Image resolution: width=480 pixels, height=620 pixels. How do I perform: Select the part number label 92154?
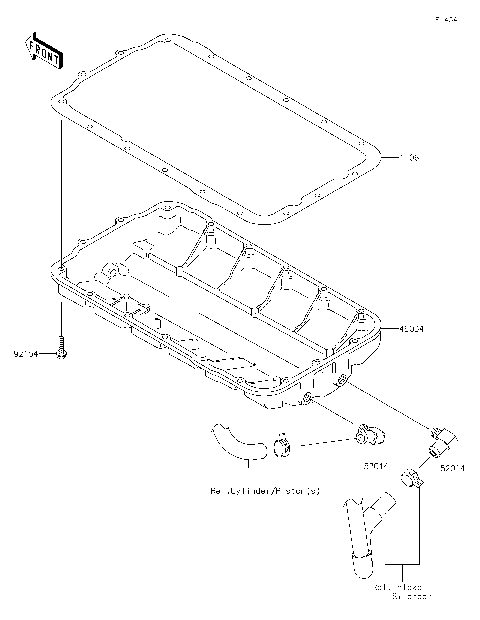coord(27,353)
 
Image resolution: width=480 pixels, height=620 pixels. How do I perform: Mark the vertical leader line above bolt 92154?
coord(61,200)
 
